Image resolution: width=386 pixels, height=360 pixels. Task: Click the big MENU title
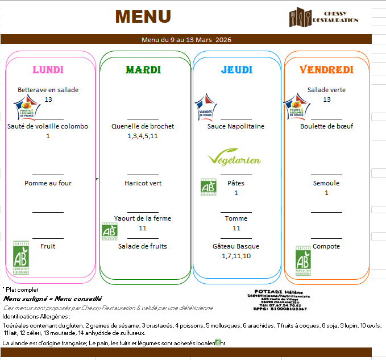pyautogui.click(x=143, y=16)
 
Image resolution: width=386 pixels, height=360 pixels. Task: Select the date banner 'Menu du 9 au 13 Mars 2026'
pyautogui.click(x=186, y=40)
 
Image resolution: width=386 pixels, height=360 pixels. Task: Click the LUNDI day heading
pyautogui.click(x=48, y=70)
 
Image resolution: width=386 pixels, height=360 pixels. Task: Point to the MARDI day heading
pyautogui.click(x=143, y=70)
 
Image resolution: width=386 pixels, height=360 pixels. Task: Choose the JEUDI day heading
pyautogui.click(x=236, y=70)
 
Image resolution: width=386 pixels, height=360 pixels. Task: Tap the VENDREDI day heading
pyautogui.click(x=326, y=70)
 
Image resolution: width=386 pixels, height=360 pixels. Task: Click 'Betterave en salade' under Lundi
pyautogui.click(x=48, y=90)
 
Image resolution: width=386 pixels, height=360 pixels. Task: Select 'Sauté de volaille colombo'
pyautogui.click(x=48, y=126)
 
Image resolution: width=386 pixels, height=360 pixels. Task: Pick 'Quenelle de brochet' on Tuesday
pyautogui.click(x=143, y=126)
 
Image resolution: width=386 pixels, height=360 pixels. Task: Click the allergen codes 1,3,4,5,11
pyautogui.click(x=143, y=136)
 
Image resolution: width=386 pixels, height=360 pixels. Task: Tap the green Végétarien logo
pyautogui.click(x=234, y=159)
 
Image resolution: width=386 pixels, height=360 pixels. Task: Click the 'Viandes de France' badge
pyautogui.click(x=206, y=107)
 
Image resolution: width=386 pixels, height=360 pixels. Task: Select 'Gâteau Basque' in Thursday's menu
pyautogui.click(x=236, y=246)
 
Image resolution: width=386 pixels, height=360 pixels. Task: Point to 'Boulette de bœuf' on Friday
pyautogui.click(x=326, y=126)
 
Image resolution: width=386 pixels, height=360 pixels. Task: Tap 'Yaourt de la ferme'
pyautogui.click(x=142, y=218)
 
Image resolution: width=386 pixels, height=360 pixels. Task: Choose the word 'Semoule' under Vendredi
pyautogui.click(x=326, y=183)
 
